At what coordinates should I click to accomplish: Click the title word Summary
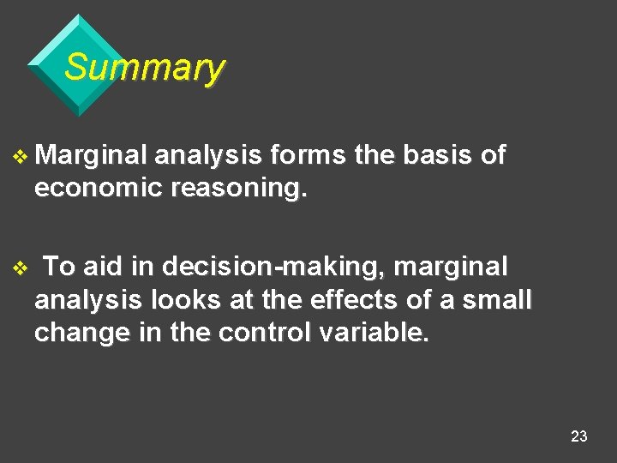coord(144,67)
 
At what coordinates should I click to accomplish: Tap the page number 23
coord(579,436)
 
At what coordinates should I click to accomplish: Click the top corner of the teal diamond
coord(78,15)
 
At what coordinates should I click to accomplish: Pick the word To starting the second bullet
coord(59,268)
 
